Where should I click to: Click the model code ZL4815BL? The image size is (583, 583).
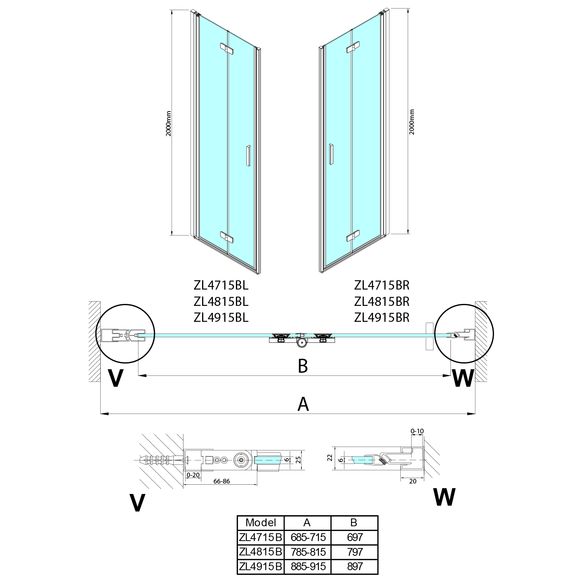click(x=221, y=302)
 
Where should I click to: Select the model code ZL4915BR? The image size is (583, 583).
click(x=382, y=318)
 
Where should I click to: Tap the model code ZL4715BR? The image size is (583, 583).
click(x=382, y=286)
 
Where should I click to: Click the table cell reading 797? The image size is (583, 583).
click(x=354, y=552)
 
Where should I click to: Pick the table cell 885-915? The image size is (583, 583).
click(x=307, y=566)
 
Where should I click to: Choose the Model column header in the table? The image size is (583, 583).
click(x=261, y=523)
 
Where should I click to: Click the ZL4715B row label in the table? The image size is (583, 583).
click(x=261, y=538)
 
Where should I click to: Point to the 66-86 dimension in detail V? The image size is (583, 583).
click(x=222, y=481)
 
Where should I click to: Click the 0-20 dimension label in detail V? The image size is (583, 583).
click(x=193, y=475)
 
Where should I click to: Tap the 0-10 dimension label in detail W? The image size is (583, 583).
click(x=417, y=431)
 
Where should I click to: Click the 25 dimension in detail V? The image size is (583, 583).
click(x=298, y=460)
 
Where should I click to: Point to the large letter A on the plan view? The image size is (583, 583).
click(x=303, y=404)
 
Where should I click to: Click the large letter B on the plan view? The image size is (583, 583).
click(x=303, y=366)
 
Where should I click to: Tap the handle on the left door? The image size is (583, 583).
click(x=248, y=157)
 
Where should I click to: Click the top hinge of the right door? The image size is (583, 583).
click(x=352, y=48)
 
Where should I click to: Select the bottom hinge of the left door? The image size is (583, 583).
click(x=227, y=237)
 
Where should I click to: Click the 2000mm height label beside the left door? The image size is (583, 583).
click(x=169, y=123)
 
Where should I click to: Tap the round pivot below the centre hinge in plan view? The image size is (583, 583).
click(x=301, y=342)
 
